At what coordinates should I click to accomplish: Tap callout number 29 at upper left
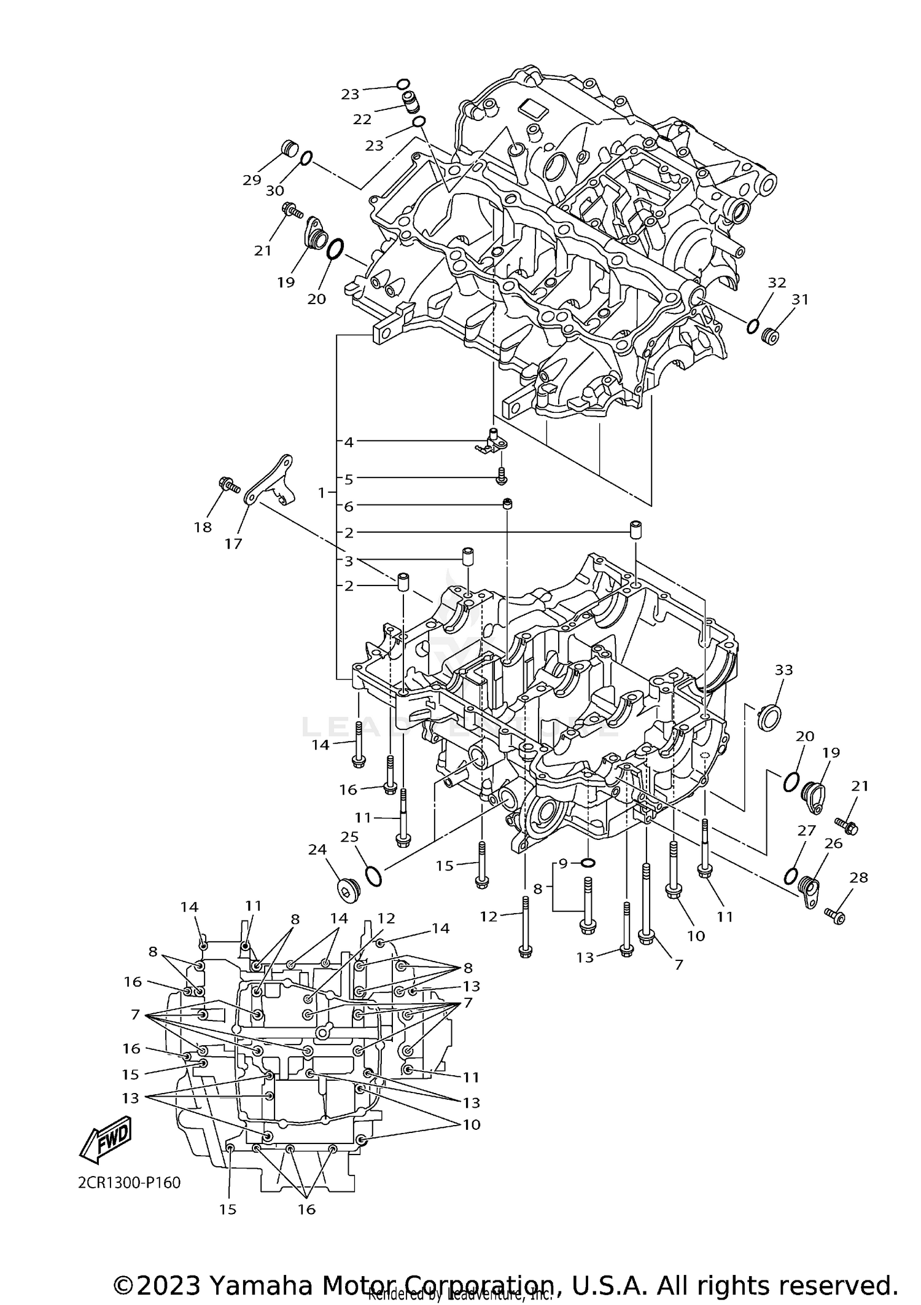[x=252, y=180]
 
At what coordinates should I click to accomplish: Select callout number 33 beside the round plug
[x=783, y=670]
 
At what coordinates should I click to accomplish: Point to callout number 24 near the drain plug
[x=317, y=849]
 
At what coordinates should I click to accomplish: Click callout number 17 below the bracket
[x=233, y=543]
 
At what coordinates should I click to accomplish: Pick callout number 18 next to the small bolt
[x=203, y=527]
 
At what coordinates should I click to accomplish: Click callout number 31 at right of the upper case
[x=799, y=299]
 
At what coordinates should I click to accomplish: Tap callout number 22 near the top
[x=362, y=119]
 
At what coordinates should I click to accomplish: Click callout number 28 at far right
[x=858, y=878]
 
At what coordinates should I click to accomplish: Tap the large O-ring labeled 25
[x=373, y=876]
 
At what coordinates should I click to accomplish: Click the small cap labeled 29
[x=289, y=149]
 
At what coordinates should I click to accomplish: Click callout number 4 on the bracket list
[x=349, y=442]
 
